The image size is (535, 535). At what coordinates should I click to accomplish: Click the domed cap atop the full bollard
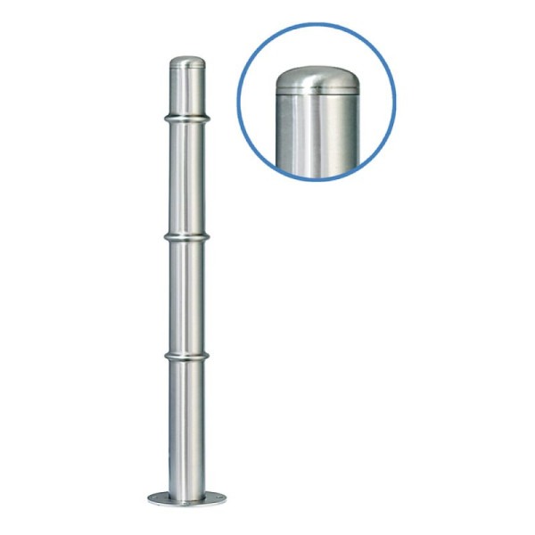[186, 63]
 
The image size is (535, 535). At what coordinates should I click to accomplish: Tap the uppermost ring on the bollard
[186, 117]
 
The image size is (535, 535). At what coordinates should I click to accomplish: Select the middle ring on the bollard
[186, 237]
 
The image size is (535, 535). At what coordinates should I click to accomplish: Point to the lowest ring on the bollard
[186, 356]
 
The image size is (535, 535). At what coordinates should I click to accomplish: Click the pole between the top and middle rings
[186, 178]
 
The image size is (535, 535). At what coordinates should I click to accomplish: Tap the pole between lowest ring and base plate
[186, 424]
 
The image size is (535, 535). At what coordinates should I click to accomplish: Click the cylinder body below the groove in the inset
[317, 134]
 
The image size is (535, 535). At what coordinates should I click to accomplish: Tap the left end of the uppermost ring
[165, 117]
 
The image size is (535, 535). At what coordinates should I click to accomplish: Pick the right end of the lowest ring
[208, 356]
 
